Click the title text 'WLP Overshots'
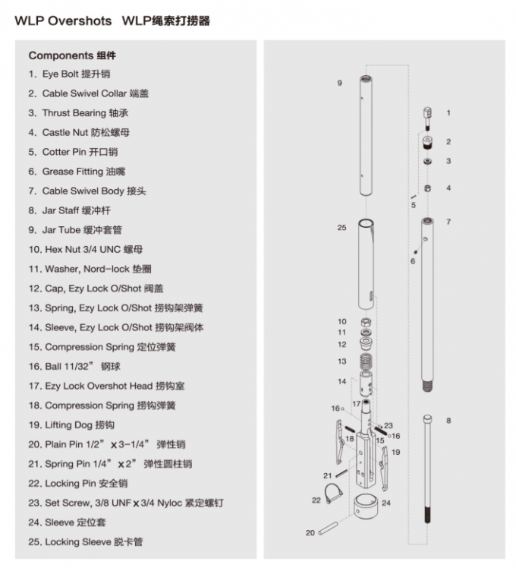63,21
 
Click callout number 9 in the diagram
339,82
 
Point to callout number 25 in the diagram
341,228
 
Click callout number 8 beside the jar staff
448,421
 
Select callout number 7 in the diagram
448,222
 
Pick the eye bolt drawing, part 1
427,116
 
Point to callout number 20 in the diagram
310,533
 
